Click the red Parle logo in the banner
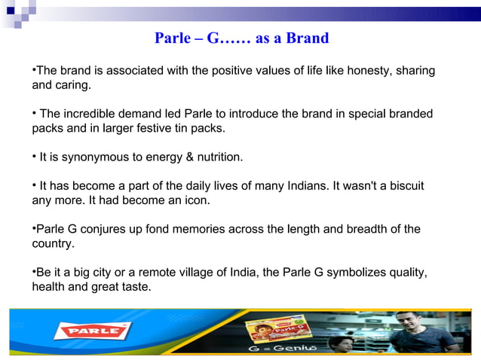(x=97, y=331)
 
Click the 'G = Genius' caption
(x=280, y=349)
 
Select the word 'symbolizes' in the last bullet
(x=356, y=272)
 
